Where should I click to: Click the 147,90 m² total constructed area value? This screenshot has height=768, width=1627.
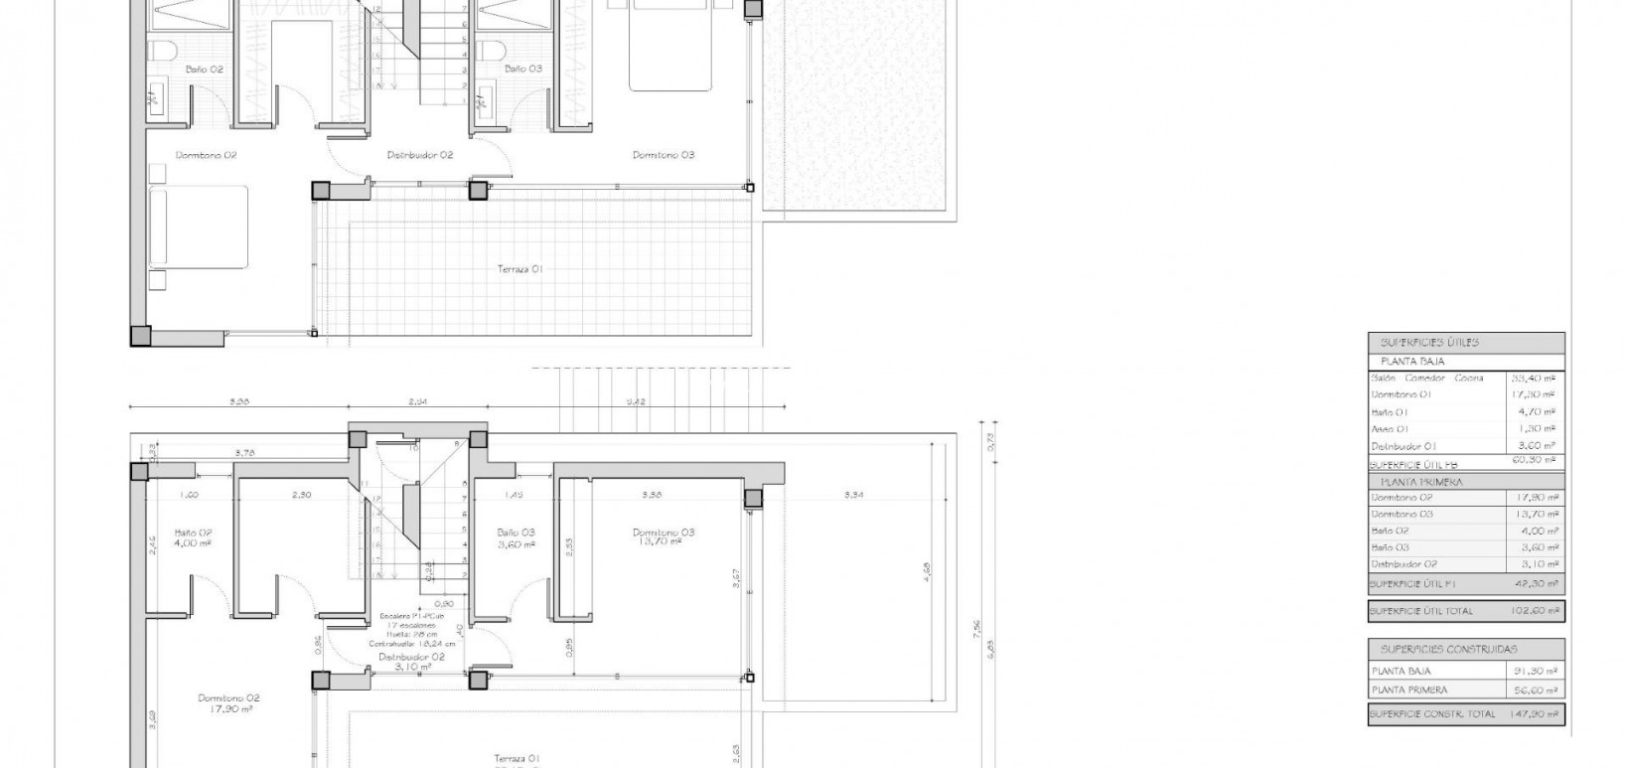(x=1537, y=714)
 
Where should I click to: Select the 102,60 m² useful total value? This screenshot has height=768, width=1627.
(x=1537, y=611)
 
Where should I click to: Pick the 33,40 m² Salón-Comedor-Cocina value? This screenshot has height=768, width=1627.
(x=1533, y=379)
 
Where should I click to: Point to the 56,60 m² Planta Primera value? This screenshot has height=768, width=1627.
(x=1537, y=690)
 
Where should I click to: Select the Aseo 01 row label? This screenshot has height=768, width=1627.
(x=1390, y=429)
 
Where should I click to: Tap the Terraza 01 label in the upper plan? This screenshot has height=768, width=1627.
(x=520, y=269)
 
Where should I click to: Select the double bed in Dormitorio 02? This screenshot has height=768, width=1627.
(x=198, y=227)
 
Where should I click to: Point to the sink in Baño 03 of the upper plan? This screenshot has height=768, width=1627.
(x=486, y=98)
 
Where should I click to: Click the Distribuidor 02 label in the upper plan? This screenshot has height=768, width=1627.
(x=419, y=155)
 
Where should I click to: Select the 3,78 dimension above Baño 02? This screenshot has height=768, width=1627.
(x=244, y=453)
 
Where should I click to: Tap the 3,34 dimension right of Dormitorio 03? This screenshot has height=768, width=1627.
(x=853, y=494)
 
